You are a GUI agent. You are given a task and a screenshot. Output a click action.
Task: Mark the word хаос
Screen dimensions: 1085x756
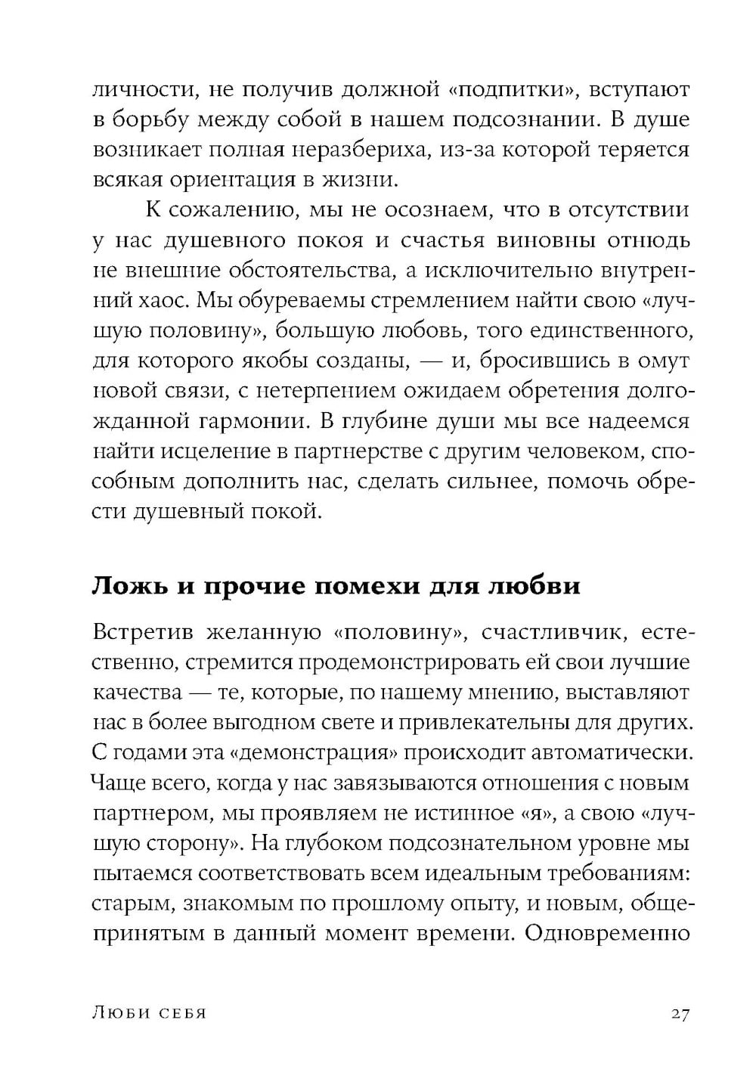162,300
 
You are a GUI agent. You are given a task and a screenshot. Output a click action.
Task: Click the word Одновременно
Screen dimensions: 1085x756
606,932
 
